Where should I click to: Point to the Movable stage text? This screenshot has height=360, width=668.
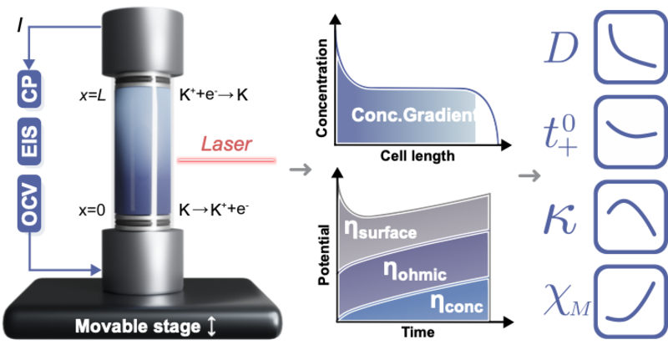138,326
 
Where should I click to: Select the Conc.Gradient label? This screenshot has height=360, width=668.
414,116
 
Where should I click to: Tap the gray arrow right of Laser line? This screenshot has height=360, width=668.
300,170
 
